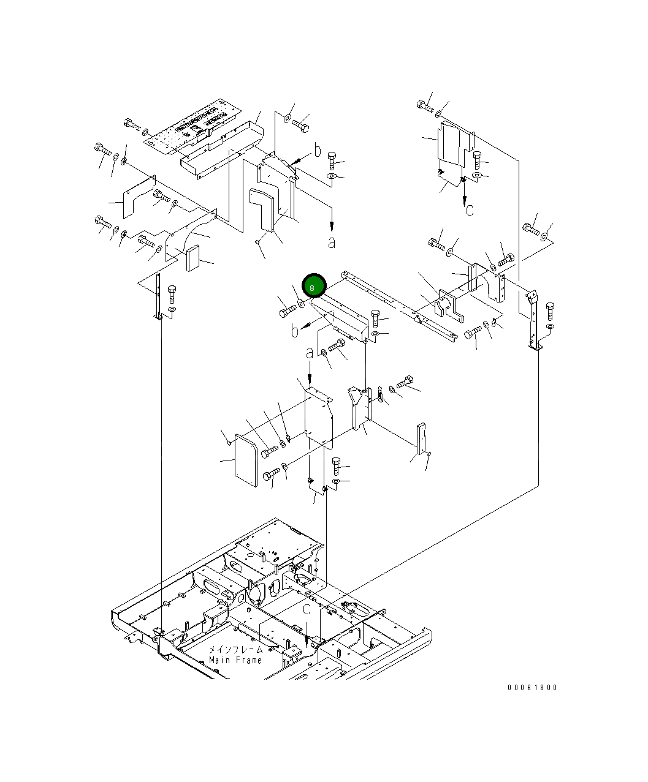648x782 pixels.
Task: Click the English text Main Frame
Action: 235,660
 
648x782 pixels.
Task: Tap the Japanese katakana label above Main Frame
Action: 235,650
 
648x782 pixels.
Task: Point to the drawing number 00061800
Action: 532,687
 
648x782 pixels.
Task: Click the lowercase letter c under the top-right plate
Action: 470,210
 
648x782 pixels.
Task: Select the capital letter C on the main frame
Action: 307,609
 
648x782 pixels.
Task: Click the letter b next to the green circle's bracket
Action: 295,331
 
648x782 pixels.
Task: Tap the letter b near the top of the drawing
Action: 317,151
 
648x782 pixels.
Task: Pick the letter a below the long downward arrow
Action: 332,242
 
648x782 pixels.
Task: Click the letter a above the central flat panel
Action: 310,353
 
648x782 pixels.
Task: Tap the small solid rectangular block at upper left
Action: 193,258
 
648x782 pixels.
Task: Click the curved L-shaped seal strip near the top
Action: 264,211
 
